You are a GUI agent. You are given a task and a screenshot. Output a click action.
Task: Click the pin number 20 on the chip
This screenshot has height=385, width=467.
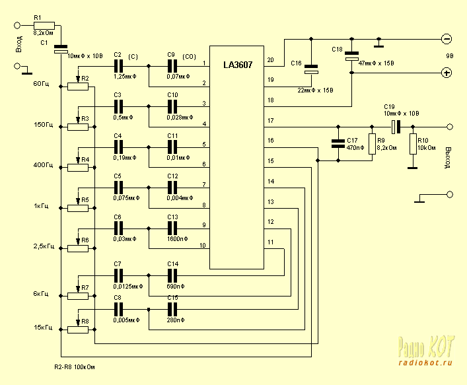(x=270, y=60)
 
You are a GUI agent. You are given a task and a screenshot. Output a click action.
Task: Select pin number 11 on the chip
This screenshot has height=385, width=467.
(x=270, y=242)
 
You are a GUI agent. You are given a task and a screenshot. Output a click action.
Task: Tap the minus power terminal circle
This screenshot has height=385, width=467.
(x=447, y=39)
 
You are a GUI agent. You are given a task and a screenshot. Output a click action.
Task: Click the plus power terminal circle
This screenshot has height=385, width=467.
(x=447, y=73)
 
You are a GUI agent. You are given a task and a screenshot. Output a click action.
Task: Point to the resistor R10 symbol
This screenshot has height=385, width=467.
(x=413, y=144)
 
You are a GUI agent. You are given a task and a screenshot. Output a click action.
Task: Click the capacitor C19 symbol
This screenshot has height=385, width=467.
(x=394, y=125)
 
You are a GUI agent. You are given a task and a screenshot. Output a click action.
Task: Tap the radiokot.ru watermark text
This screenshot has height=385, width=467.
(x=425, y=362)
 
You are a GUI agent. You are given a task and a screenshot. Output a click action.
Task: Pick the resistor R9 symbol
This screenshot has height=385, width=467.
(x=371, y=144)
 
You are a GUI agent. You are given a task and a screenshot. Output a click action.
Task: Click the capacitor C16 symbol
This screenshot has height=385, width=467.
(x=311, y=70)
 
